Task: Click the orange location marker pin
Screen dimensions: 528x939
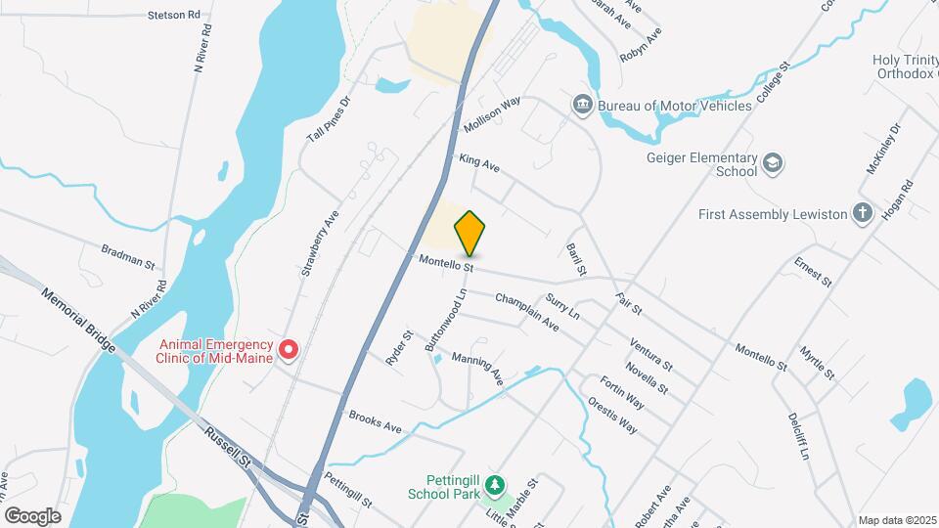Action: (469, 233)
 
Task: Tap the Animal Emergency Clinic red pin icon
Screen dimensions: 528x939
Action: (289, 349)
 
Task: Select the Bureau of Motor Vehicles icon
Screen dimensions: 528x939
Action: (582, 104)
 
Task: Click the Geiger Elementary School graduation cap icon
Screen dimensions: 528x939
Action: (773, 163)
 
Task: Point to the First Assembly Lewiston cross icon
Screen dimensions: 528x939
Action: (862, 213)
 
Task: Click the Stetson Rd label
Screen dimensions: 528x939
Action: (173, 16)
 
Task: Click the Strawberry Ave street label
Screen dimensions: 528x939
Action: (319, 243)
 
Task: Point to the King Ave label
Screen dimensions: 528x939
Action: (479, 162)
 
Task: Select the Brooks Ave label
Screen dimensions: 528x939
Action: (376, 422)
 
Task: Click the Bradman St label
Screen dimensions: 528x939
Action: (127, 257)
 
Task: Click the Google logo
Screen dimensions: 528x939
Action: (32, 516)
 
